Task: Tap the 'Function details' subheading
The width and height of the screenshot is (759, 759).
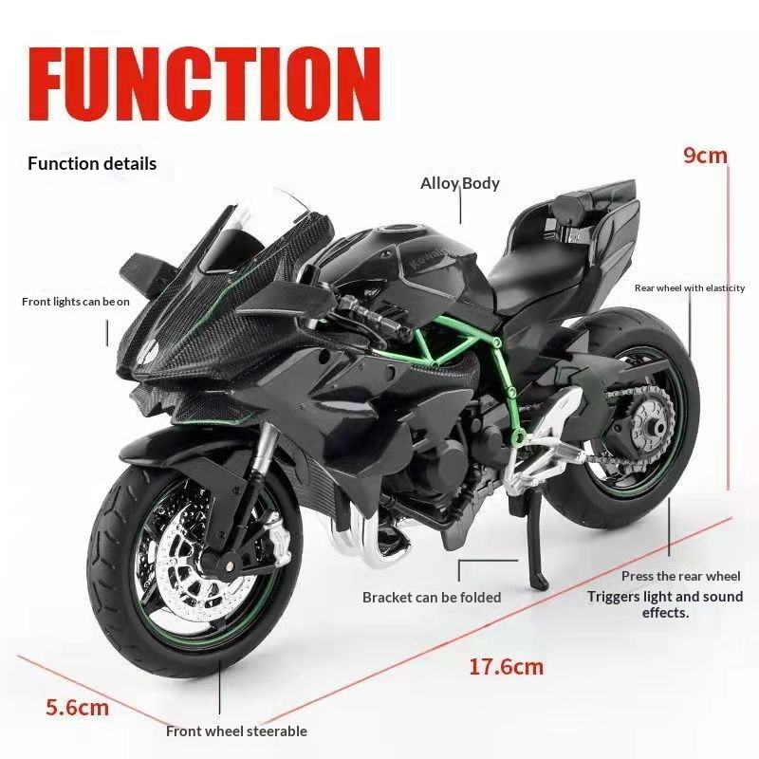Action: [92, 164]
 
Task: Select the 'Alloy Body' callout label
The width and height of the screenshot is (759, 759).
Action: [460, 183]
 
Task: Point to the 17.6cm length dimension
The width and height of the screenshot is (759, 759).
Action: [507, 666]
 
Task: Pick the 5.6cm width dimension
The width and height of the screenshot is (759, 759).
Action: [78, 707]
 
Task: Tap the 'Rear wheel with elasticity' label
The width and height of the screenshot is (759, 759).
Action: [690, 287]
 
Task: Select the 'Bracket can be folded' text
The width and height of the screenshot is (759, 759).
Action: [432, 598]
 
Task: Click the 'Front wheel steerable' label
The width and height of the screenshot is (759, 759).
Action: [236, 731]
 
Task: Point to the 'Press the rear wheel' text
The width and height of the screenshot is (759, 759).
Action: [680, 576]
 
